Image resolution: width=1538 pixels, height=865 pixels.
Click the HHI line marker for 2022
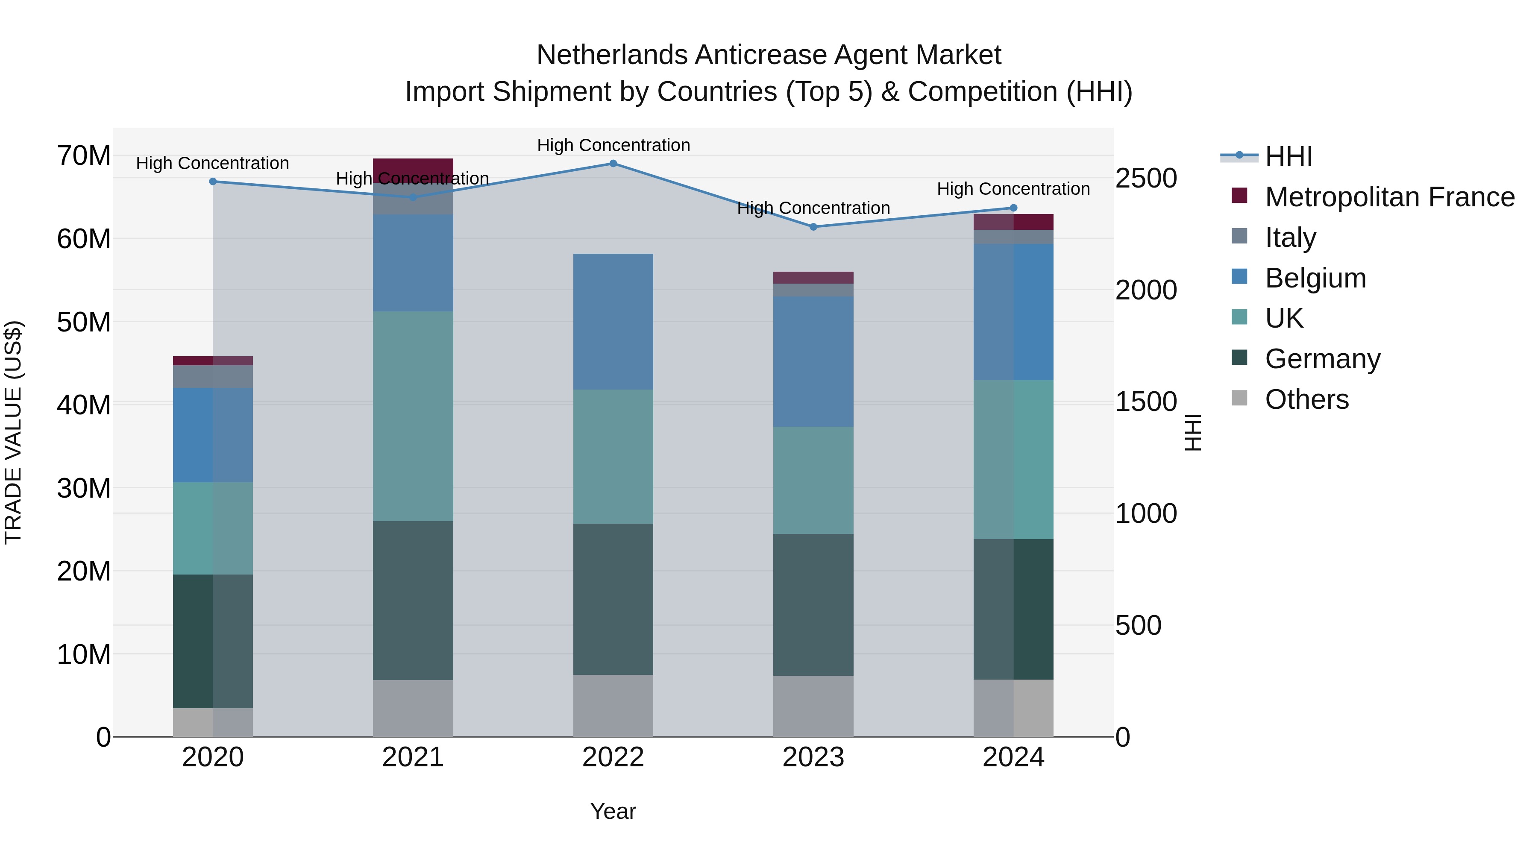coord(613,163)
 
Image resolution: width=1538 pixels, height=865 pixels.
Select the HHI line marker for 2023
coord(813,227)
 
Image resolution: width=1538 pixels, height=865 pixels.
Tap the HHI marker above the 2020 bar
coord(213,182)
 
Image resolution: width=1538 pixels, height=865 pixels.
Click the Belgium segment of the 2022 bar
coord(613,322)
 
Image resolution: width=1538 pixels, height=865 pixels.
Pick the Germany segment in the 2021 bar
coord(413,600)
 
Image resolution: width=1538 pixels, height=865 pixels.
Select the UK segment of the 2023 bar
coord(813,480)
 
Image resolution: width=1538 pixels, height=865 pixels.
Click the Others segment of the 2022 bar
coord(613,706)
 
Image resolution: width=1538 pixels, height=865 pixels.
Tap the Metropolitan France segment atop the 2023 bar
coord(813,278)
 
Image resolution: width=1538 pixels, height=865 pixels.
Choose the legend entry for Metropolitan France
coord(1389,197)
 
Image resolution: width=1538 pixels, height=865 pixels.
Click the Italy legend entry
coord(1290,238)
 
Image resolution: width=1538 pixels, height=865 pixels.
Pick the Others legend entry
coord(1306,399)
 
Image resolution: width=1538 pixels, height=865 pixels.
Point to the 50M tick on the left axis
coord(84,322)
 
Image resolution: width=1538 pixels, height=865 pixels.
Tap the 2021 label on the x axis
coord(413,757)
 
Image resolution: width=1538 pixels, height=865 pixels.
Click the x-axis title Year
coord(613,811)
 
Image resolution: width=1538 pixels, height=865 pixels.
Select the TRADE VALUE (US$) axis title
coord(13,432)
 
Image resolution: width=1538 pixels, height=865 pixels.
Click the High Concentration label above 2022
coord(613,145)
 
